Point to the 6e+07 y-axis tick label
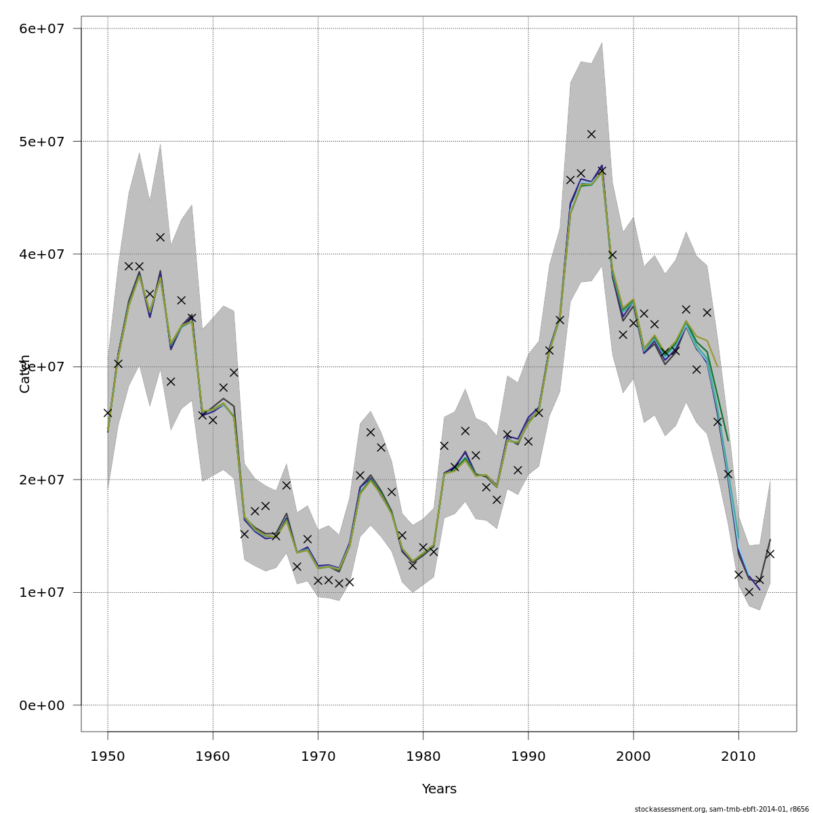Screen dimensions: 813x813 click(42, 28)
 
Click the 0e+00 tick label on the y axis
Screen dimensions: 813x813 click(42, 705)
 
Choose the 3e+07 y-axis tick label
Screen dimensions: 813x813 click(42, 367)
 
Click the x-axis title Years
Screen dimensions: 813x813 click(439, 789)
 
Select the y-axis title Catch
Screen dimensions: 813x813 click(25, 373)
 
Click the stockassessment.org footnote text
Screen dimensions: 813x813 click(722, 809)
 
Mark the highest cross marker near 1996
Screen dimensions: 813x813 click(591, 134)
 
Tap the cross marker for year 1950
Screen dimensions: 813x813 click(108, 413)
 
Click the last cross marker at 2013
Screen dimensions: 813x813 click(770, 554)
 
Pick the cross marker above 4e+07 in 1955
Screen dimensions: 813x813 click(160, 237)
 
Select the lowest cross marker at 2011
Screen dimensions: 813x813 click(749, 591)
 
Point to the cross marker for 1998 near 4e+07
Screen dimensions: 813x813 click(612, 255)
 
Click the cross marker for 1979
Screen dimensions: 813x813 click(413, 565)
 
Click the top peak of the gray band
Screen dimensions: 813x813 click(602, 43)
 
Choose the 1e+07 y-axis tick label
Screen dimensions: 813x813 click(42, 592)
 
